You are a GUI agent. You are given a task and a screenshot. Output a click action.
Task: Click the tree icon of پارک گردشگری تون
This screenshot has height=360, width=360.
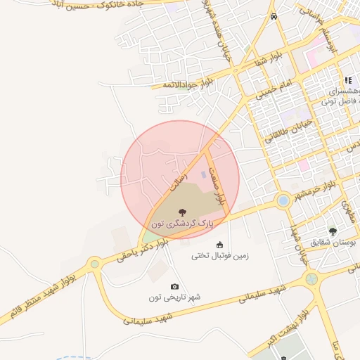182,211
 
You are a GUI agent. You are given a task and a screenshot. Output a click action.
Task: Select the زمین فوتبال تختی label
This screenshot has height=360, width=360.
220,256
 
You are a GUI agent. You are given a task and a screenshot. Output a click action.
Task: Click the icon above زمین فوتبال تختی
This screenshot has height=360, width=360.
220,245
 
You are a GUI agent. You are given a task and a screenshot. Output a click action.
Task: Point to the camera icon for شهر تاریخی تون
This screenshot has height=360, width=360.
174,287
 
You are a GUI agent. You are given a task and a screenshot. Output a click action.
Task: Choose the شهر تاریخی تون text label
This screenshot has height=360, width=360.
174,297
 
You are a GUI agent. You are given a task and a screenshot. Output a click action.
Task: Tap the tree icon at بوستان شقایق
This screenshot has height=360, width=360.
333,231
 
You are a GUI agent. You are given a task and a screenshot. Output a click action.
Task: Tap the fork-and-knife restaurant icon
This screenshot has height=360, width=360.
348,81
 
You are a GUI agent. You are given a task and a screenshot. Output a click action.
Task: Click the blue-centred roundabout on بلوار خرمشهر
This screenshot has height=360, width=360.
283,200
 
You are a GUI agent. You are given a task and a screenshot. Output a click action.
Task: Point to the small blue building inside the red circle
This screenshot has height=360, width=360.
205,174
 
